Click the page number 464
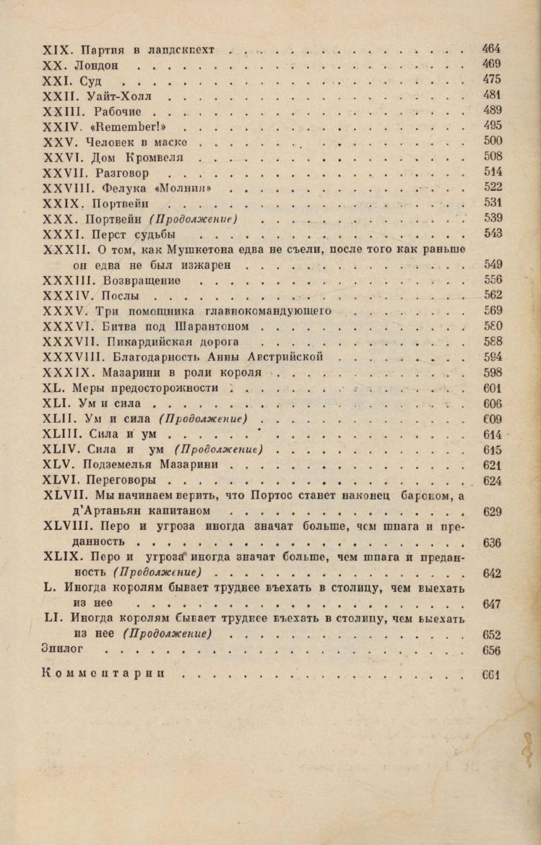(491, 49)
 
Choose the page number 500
(492, 142)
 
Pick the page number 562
(492, 295)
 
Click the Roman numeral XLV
(56, 465)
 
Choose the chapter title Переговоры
(126, 480)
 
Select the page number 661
(492, 675)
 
